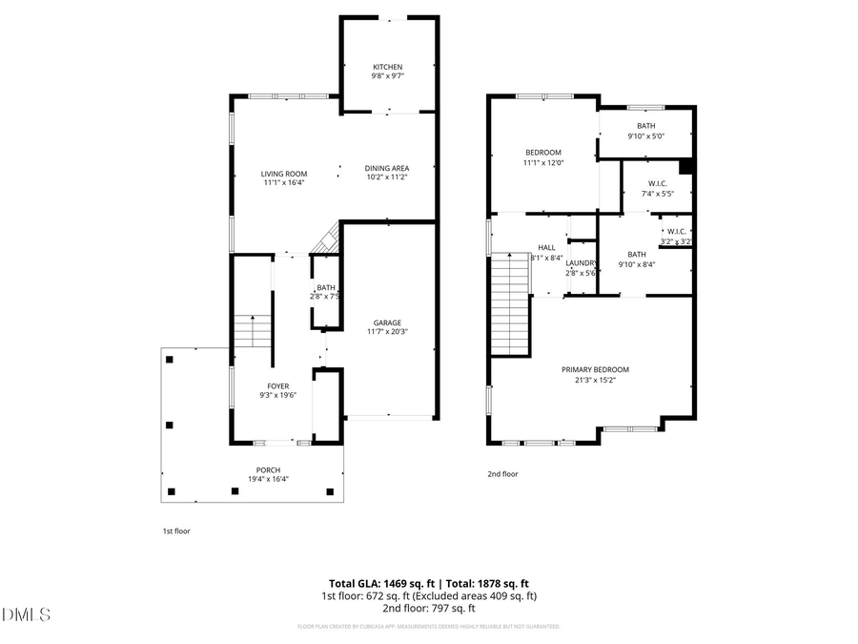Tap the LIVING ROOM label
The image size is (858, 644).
coord(284,174)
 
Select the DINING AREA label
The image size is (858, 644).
coord(386,168)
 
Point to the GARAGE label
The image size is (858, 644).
coord(386,322)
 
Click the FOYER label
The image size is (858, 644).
coord(277,386)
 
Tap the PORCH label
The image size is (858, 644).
coord(268,469)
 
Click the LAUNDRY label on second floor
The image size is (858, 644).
coord(582,263)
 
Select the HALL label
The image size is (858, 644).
coord(546,247)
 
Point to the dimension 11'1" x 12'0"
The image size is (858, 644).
coord(543,162)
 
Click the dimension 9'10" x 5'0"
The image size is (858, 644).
coord(645,135)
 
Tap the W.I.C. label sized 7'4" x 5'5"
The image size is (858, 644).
coord(657,183)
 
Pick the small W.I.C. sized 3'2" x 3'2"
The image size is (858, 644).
coord(676,232)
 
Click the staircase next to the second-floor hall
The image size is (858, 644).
coord(510,305)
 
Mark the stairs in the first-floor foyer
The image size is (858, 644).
coord(252,332)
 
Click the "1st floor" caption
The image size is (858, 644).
coord(176,530)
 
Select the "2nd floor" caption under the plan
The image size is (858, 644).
coord(502,473)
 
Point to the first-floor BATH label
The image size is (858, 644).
coord(326,287)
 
